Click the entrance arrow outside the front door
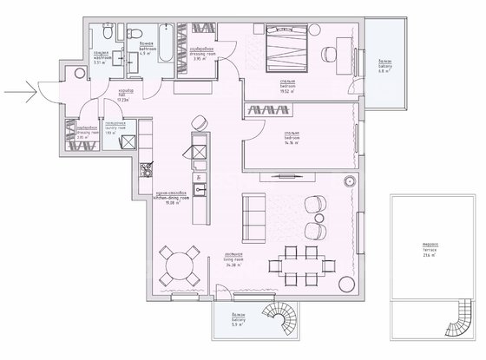click(x=18, y=87)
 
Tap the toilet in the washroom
click(x=104, y=34)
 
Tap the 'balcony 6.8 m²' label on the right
click(x=384, y=62)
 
